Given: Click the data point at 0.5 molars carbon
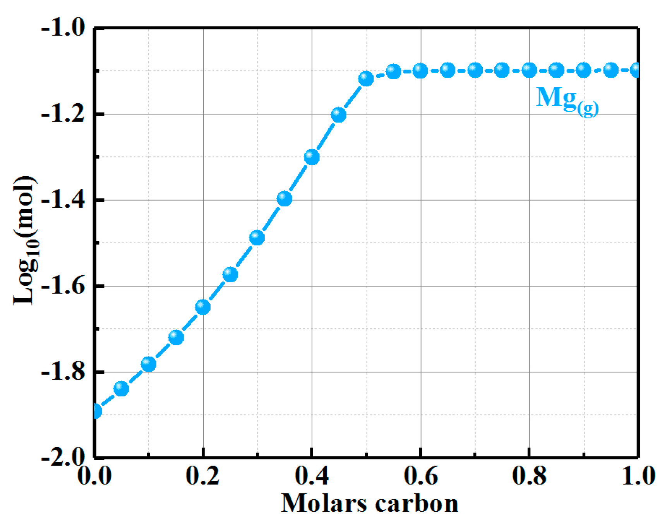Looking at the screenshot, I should point(366,79).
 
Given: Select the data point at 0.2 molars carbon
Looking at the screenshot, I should point(203,307).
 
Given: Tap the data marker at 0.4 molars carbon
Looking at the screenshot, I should point(312,157).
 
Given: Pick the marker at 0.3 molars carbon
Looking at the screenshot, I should point(257,237).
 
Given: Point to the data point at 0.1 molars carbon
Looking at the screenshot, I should point(149,364).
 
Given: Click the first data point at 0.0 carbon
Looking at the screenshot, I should point(96,411).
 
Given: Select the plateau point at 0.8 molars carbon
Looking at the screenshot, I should point(529,70).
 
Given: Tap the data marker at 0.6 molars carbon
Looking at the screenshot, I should point(420,71).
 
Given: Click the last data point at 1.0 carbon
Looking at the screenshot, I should point(636,70).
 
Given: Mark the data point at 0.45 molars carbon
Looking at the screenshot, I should point(339,114).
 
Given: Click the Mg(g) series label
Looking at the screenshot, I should point(567,100).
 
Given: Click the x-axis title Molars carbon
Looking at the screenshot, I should point(369,503).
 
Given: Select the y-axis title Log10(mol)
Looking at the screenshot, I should point(25,241).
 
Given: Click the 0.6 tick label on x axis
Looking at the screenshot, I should point(420,476).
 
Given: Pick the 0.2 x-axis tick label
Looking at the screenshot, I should point(203,476).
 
